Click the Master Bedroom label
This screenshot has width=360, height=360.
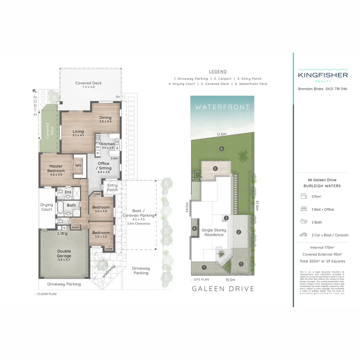point(56,168)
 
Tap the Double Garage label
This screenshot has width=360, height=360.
point(64,253)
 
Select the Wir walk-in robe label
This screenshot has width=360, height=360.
point(78,165)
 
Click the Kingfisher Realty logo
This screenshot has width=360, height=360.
point(323,76)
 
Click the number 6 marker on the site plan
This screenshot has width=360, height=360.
point(222,149)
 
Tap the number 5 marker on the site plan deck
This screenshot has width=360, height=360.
point(215,169)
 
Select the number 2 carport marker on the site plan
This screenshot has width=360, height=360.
point(239,232)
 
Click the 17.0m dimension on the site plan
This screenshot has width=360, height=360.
point(222,134)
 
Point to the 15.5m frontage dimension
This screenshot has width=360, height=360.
point(230,280)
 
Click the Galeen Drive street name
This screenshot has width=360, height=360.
point(223,289)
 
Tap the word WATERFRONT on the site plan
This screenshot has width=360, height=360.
point(222,107)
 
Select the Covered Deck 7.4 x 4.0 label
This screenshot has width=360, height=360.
point(88,85)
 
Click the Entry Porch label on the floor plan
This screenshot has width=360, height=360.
point(112,188)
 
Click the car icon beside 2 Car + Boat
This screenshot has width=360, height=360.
point(303,235)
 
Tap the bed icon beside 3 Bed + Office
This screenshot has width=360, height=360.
point(303,209)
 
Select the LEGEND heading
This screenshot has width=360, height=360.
point(218,71)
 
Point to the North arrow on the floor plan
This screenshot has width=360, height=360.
point(35,91)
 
